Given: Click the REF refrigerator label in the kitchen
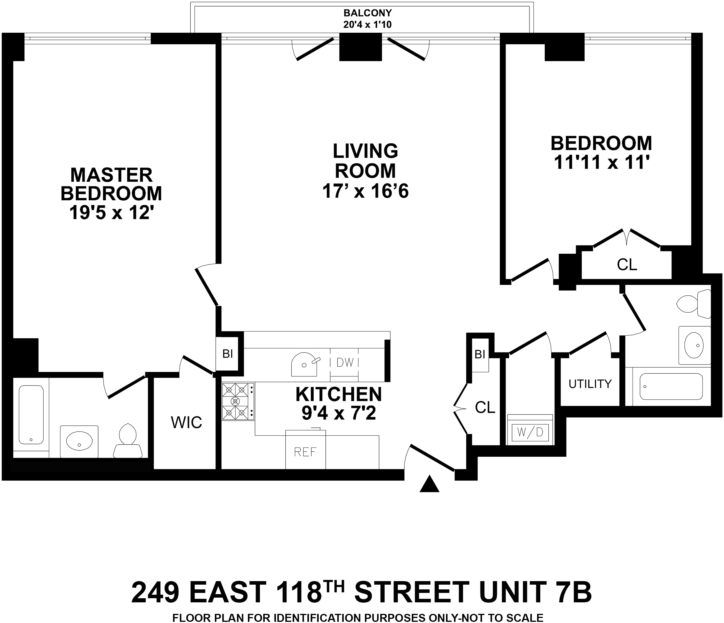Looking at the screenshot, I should (305, 452).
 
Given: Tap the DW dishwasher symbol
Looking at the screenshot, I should (345, 363).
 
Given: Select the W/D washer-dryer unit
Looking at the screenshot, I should (530, 432).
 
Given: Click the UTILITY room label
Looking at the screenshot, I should (590, 384).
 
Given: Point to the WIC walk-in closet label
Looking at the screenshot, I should (186, 423).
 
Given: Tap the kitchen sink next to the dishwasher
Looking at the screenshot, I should (304, 364).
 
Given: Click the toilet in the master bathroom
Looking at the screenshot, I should (128, 442).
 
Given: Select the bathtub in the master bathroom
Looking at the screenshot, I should (31, 415).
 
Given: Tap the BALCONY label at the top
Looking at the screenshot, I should (368, 13).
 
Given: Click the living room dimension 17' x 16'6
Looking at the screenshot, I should (365, 191).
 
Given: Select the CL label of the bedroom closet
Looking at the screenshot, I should (627, 265).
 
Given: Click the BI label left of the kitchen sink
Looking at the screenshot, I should (228, 354).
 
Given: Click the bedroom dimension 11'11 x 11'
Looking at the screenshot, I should (601, 162).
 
